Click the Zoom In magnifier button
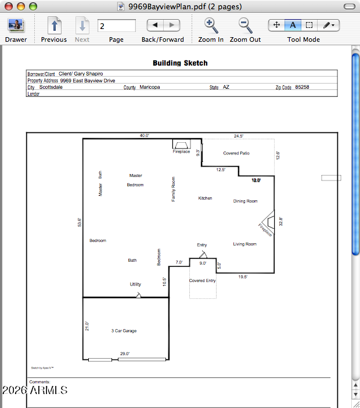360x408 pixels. (210, 26)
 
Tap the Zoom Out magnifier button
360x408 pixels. (245, 26)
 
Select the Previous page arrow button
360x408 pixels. (54, 26)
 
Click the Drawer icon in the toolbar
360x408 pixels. (16, 26)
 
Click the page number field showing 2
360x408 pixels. (117, 26)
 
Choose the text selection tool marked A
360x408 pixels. (293, 26)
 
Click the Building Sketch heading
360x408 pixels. (180, 63)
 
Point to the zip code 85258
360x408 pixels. (302, 87)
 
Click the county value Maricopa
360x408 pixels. (150, 87)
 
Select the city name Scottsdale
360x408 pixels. (51, 87)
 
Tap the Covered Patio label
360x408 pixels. (236, 153)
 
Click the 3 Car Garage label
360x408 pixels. (124, 331)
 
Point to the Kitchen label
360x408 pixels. (205, 198)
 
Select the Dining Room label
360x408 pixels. (245, 201)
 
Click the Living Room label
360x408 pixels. (244, 244)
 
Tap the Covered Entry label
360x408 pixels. (202, 281)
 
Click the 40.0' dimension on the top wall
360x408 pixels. (144, 135)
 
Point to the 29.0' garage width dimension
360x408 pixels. (125, 353)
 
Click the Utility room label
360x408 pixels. (135, 284)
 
